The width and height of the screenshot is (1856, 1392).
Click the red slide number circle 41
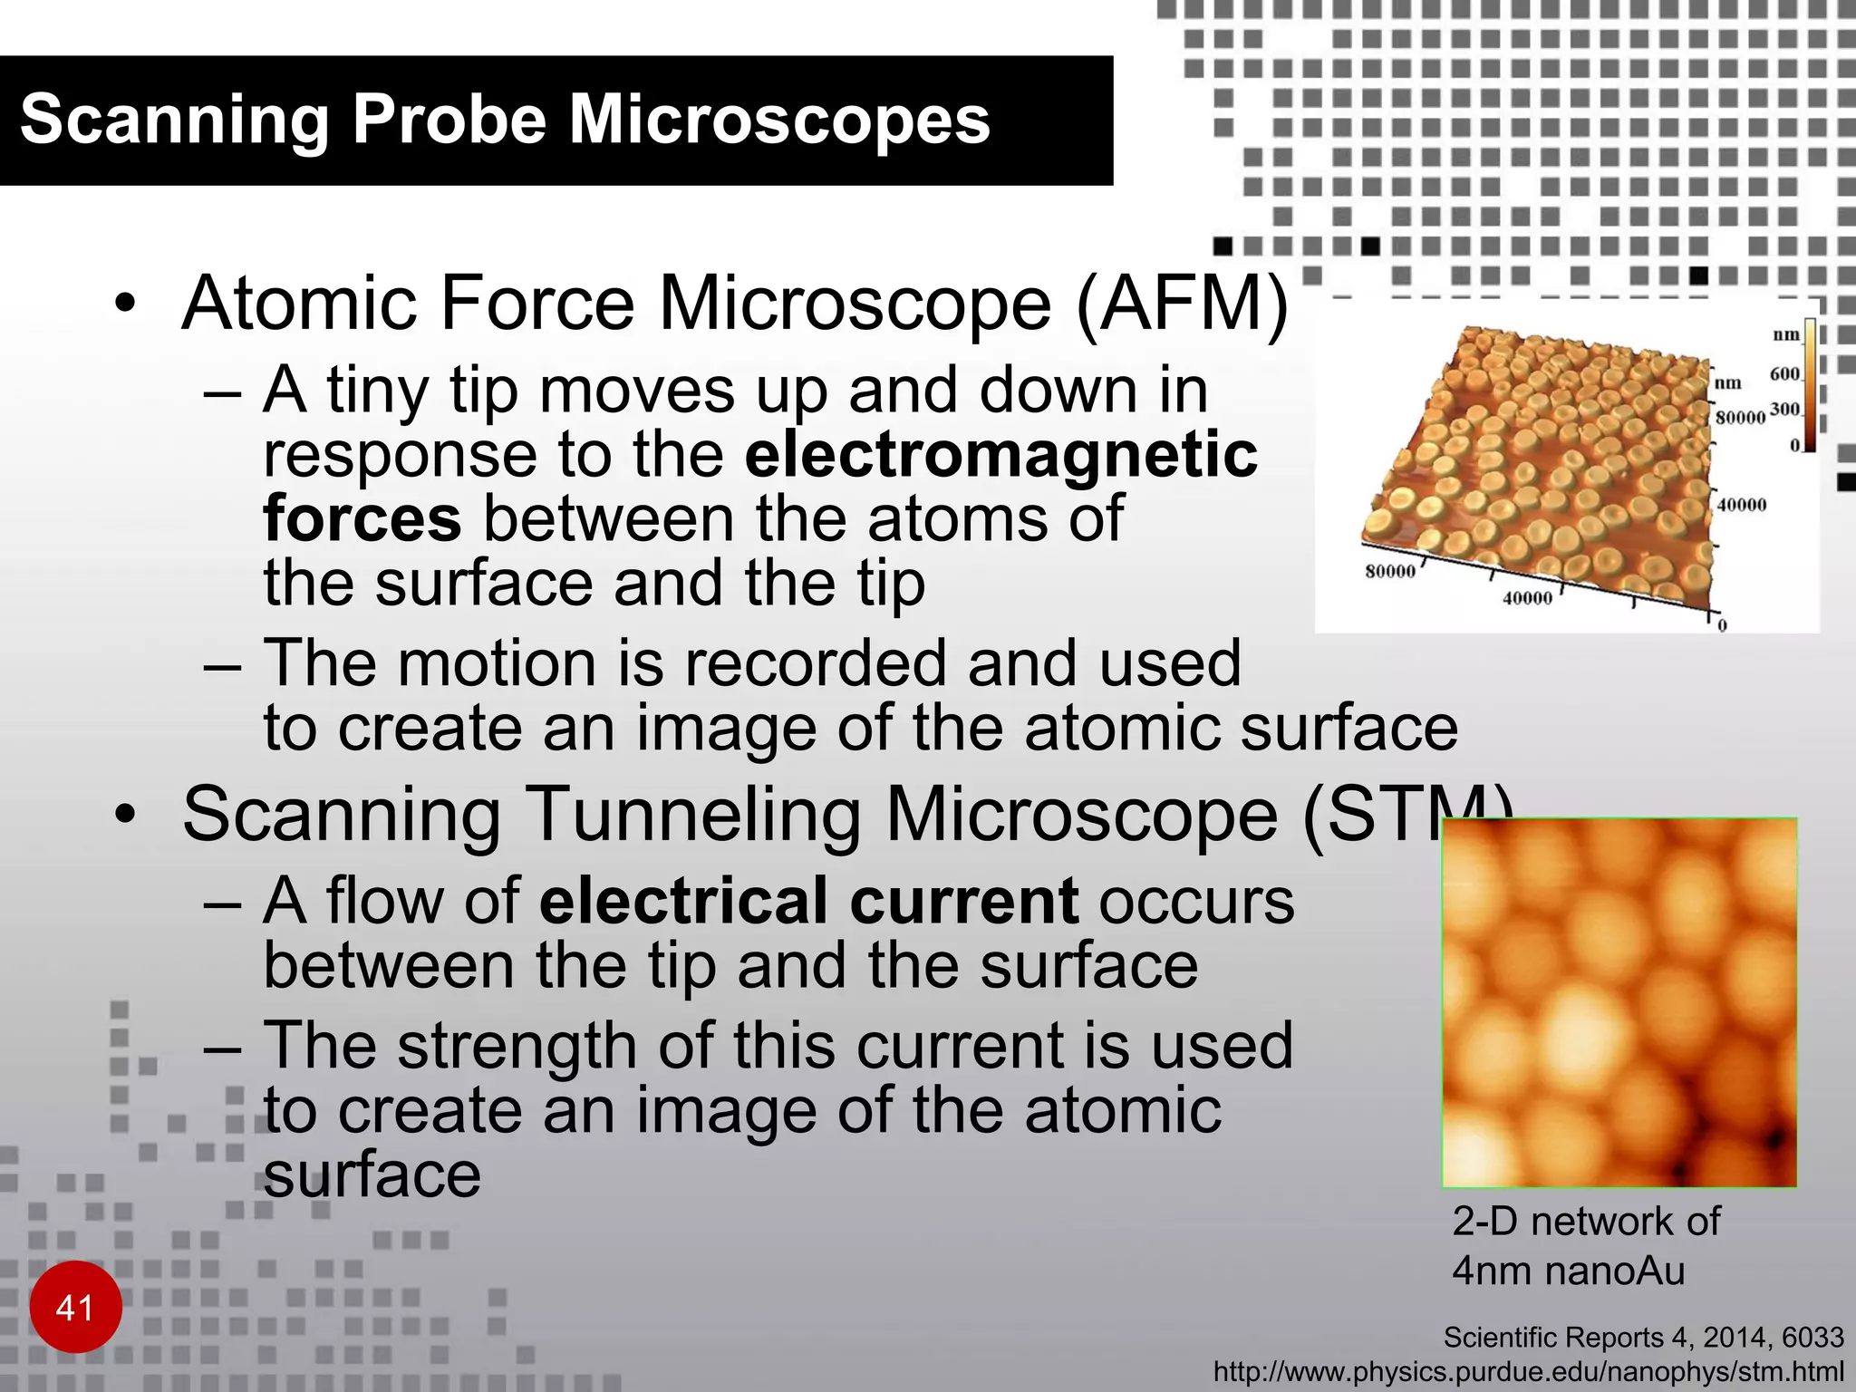click(x=75, y=1307)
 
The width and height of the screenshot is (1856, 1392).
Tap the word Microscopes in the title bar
click(x=778, y=121)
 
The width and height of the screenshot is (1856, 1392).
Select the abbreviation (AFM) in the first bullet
click(x=1182, y=304)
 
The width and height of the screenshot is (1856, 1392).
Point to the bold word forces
click(x=362, y=518)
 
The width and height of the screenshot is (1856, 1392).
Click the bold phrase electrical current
click(x=808, y=901)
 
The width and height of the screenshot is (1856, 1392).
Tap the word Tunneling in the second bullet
click(x=692, y=815)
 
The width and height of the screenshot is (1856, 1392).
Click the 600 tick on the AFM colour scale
click(x=1783, y=374)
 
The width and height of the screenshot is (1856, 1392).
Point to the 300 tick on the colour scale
click(x=1783, y=410)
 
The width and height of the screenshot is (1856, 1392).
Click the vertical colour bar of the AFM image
click(x=1809, y=384)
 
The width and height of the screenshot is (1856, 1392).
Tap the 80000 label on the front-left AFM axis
click(x=1389, y=572)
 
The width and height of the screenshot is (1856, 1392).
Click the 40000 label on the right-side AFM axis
click(x=1741, y=505)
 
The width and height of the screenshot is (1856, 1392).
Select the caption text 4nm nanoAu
click(x=1568, y=1271)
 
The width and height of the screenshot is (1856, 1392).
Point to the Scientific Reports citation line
click(x=1643, y=1338)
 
